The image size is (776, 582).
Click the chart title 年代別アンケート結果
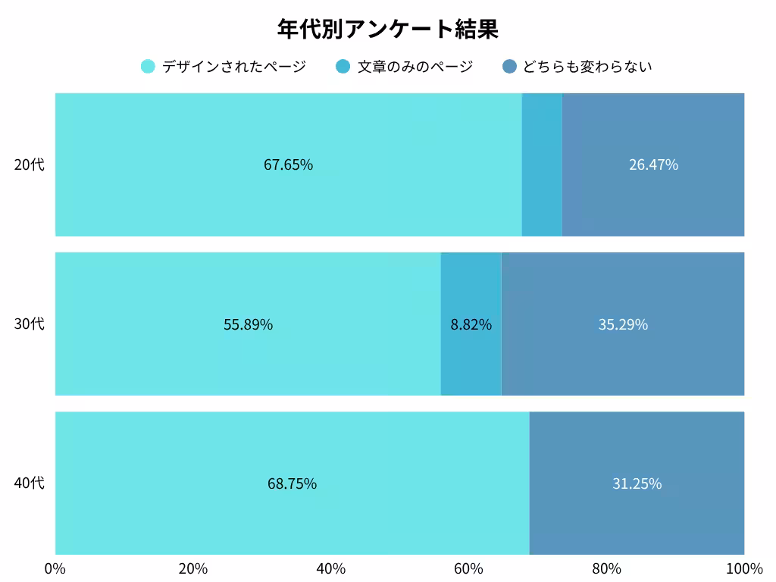coord(387,30)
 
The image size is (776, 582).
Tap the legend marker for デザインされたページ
coord(148,67)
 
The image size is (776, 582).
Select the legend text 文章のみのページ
coord(415,67)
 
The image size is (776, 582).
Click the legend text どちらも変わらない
coord(587,67)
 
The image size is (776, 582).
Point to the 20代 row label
coord(30,164)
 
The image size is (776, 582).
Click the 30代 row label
coord(30,324)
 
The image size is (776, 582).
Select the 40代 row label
coord(30,483)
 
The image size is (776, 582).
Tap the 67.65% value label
coord(288,164)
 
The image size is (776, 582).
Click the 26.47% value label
coord(653,164)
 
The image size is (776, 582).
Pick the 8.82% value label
coord(471,324)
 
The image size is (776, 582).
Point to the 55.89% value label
coord(248,324)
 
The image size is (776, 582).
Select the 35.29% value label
coord(623,324)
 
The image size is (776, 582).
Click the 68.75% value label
coord(292,483)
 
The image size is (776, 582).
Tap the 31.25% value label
coord(637,483)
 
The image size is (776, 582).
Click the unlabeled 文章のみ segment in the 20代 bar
coord(542,164)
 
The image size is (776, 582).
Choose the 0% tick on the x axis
coord(55,569)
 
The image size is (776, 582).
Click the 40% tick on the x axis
coord(331,569)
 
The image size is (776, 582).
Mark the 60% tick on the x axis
coord(468,569)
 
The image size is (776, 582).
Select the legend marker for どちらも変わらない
coord(509,67)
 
